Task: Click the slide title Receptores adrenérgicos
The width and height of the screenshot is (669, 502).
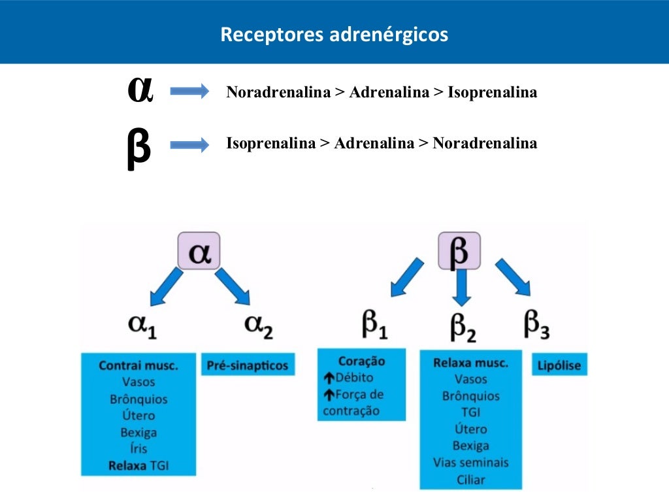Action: tap(334, 34)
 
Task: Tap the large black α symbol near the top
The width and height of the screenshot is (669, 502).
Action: tap(140, 90)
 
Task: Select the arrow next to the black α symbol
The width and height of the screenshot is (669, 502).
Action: tap(189, 91)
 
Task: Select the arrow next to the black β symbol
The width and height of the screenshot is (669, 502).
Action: tap(189, 145)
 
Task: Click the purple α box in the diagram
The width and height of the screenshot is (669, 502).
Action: tap(199, 251)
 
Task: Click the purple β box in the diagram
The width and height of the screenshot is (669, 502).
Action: tap(459, 251)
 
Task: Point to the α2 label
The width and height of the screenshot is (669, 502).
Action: tap(258, 325)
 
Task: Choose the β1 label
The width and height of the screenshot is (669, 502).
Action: tap(374, 325)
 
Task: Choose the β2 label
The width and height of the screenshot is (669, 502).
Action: tap(463, 326)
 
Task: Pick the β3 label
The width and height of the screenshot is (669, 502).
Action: tap(536, 325)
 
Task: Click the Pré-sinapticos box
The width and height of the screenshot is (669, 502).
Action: tap(247, 365)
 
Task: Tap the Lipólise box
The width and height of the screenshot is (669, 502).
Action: tap(559, 365)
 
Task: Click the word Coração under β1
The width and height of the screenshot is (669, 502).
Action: tap(361, 361)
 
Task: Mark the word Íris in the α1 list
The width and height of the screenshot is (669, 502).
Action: tap(138, 449)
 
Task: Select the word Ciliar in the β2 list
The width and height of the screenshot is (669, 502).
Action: tap(471, 479)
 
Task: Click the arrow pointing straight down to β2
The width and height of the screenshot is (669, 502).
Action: tap(462, 287)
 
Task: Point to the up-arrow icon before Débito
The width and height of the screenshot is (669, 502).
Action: tap(329, 378)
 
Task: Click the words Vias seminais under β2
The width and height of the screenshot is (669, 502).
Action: tap(470, 463)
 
